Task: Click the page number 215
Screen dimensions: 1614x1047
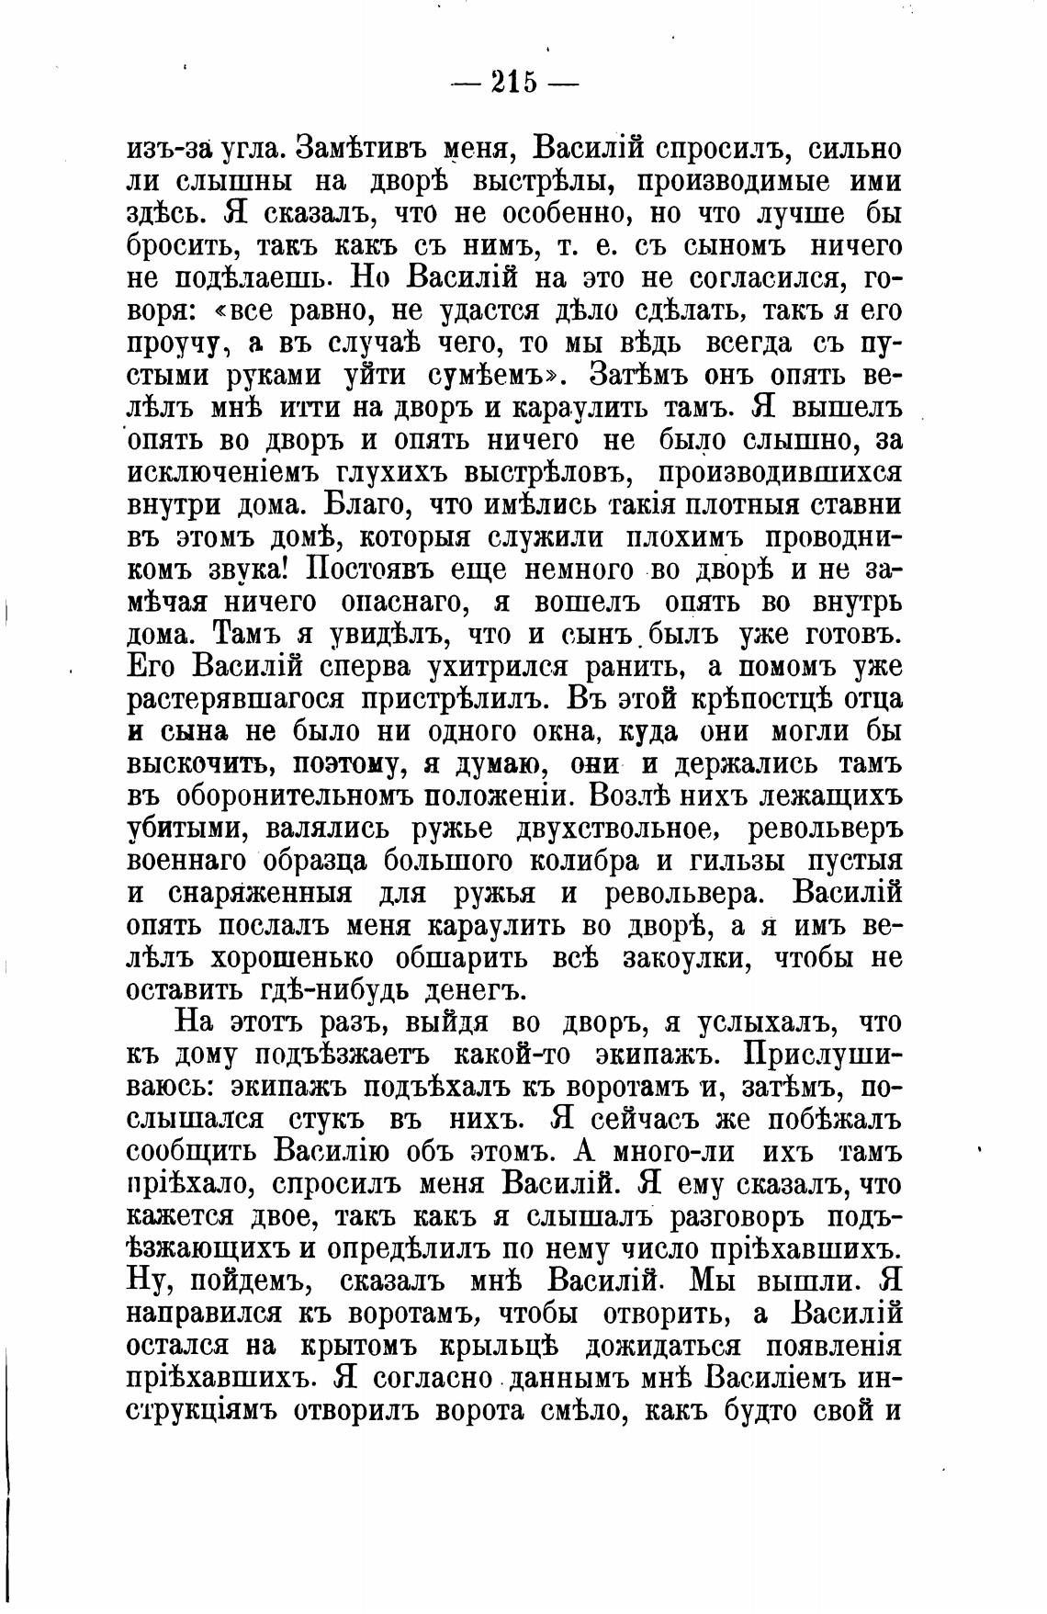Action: click(513, 83)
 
